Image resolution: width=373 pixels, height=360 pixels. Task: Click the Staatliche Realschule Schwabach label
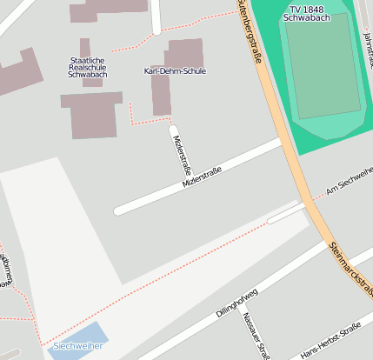85,67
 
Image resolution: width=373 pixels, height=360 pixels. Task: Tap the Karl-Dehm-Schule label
175,71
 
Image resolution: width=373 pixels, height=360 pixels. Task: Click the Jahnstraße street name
366,48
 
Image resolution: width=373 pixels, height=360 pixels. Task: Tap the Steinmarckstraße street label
351,269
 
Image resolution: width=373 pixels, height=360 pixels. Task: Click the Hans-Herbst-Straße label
330,343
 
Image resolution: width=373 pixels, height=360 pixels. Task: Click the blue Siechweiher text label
77,346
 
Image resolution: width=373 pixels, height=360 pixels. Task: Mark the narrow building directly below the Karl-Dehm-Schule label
161,95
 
